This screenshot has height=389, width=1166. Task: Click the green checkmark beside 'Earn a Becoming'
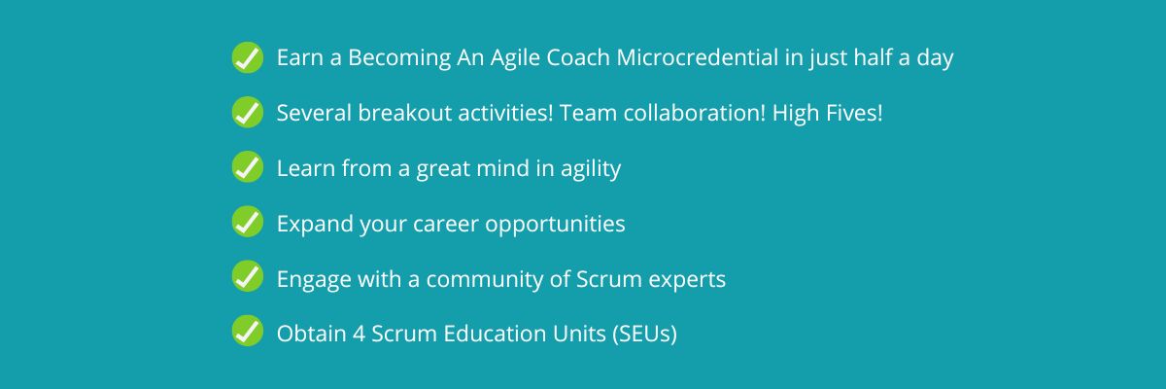pyautogui.click(x=247, y=57)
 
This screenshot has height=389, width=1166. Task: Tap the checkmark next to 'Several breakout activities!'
pyautogui.click(x=247, y=112)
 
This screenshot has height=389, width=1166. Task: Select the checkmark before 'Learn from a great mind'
pyautogui.click(x=247, y=166)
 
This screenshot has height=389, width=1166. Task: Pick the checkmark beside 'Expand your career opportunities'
pyautogui.click(x=247, y=222)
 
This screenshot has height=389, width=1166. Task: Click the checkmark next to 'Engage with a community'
pyautogui.click(x=247, y=276)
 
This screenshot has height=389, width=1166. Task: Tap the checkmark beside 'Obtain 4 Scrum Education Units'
pyautogui.click(x=247, y=331)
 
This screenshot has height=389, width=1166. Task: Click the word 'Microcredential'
pyautogui.click(x=698, y=57)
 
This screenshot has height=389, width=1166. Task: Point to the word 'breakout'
pyautogui.click(x=404, y=113)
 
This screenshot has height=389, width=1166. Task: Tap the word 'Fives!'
pyautogui.click(x=854, y=113)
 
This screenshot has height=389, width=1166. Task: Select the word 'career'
pyautogui.click(x=446, y=225)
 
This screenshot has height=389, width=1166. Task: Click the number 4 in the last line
pyautogui.click(x=359, y=334)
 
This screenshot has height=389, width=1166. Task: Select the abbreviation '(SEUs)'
pyautogui.click(x=644, y=334)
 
